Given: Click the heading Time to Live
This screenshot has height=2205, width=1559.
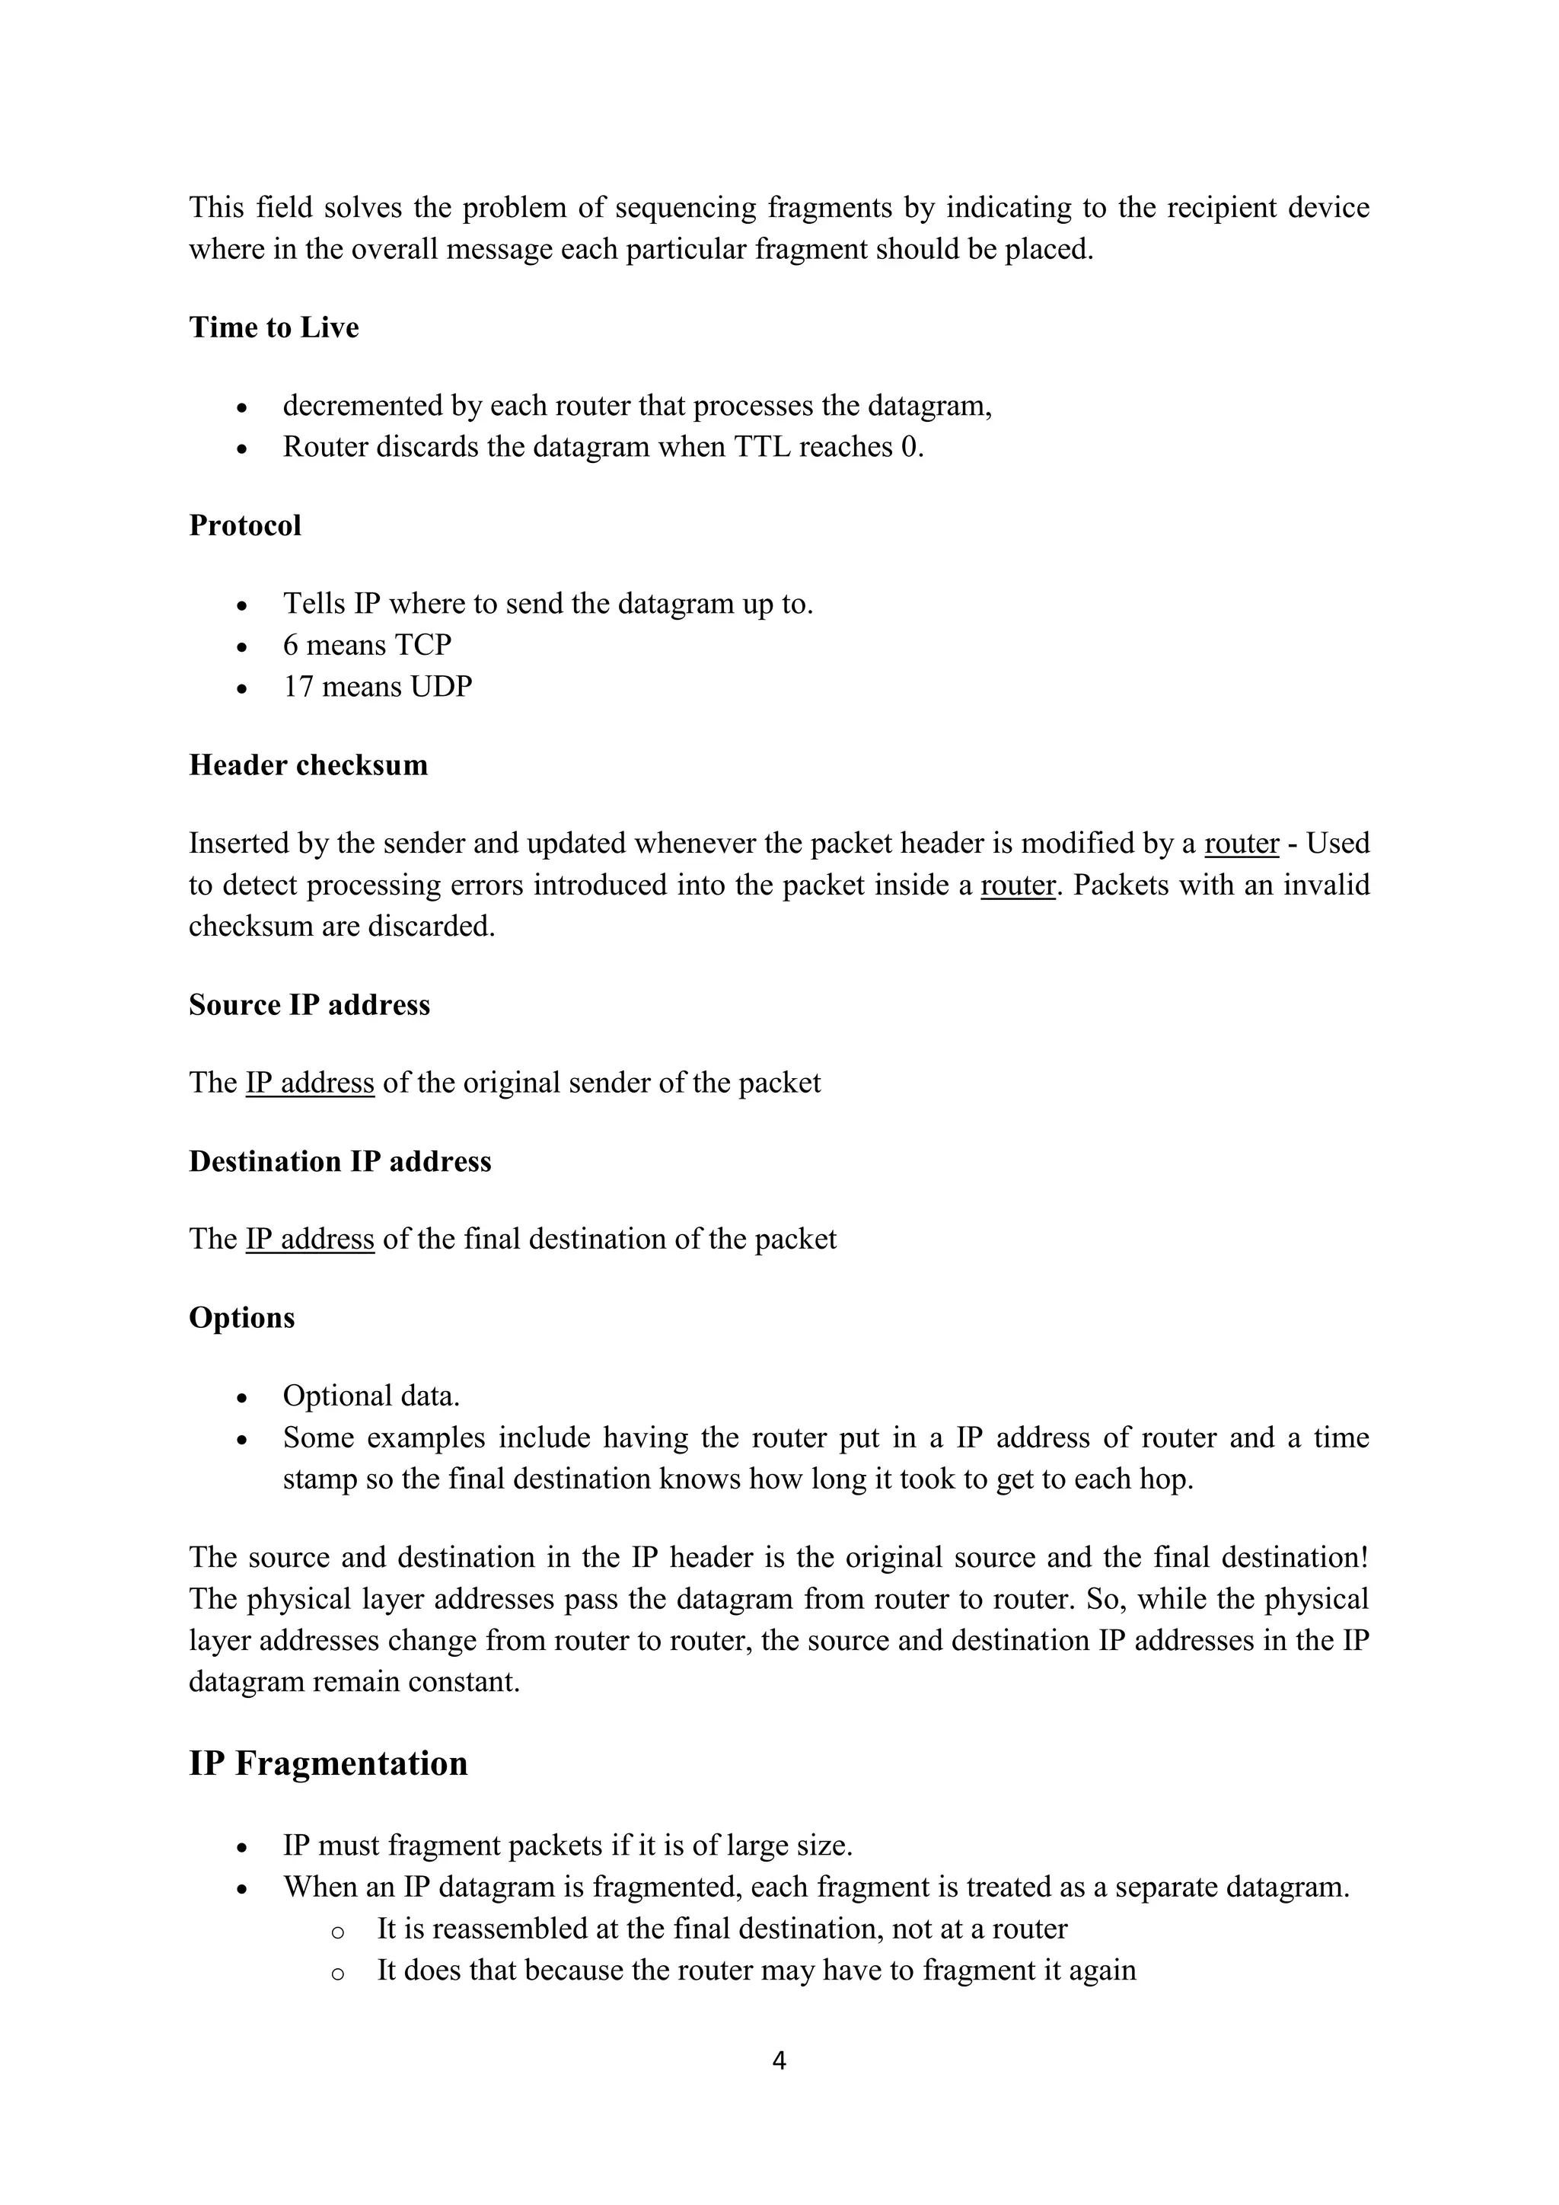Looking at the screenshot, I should (x=273, y=327).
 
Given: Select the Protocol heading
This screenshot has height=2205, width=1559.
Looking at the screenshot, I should (x=245, y=525).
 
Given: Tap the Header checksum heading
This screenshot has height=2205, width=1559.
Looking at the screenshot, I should (x=308, y=764).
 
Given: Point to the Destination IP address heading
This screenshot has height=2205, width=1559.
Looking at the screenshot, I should (x=340, y=1161).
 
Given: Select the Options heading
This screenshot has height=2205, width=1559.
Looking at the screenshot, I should (x=242, y=1318).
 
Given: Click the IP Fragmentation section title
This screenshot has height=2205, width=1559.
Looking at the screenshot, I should (x=328, y=1764).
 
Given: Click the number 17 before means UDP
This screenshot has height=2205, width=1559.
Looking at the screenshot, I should (x=298, y=687).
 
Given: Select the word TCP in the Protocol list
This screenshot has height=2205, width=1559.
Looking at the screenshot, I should (x=422, y=646).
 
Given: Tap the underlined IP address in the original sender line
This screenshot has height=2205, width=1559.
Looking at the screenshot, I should (x=309, y=1083).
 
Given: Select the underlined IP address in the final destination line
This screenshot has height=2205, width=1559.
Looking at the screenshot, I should (x=309, y=1239).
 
